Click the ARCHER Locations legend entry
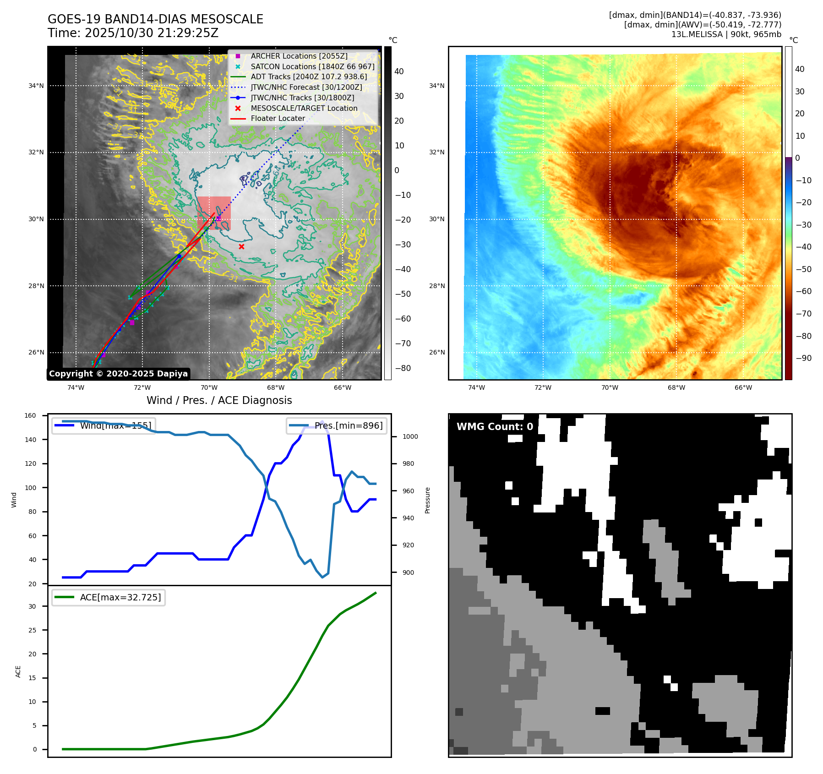click(299, 56)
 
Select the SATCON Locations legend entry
click(312, 66)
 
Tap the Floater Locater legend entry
click(278, 118)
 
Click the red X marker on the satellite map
click(241, 246)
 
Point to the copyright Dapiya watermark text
click(118, 374)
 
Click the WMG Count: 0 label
click(495, 427)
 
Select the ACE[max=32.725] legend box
click(109, 597)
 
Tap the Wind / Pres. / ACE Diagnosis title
click(219, 400)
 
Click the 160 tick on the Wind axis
click(30, 415)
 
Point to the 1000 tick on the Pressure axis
click(410, 436)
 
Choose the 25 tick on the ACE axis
click(32, 630)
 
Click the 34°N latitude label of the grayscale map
click(36, 86)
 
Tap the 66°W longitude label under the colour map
click(743, 387)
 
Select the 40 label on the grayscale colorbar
click(399, 71)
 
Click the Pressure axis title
click(427, 500)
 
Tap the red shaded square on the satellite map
click(214, 213)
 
